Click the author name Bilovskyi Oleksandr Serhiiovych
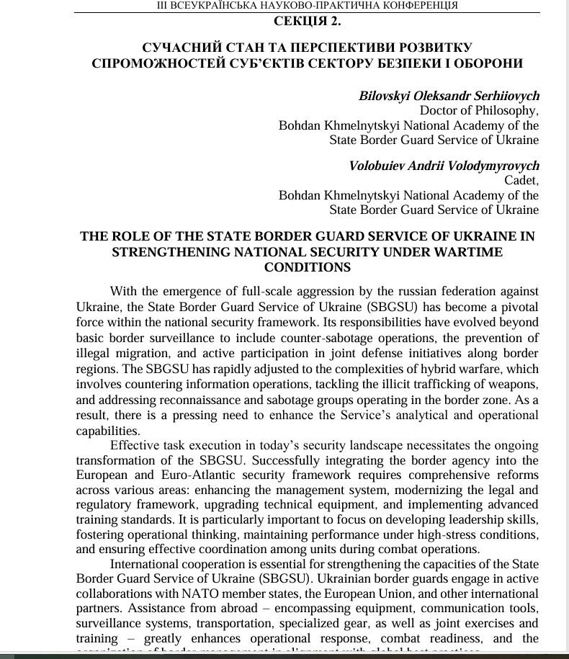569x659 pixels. (449, 96)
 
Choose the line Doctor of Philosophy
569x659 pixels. (478, 110)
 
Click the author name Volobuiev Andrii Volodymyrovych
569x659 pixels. (444, 166)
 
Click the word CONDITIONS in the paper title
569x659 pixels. (308, 267)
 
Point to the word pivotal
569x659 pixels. (519, 306)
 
